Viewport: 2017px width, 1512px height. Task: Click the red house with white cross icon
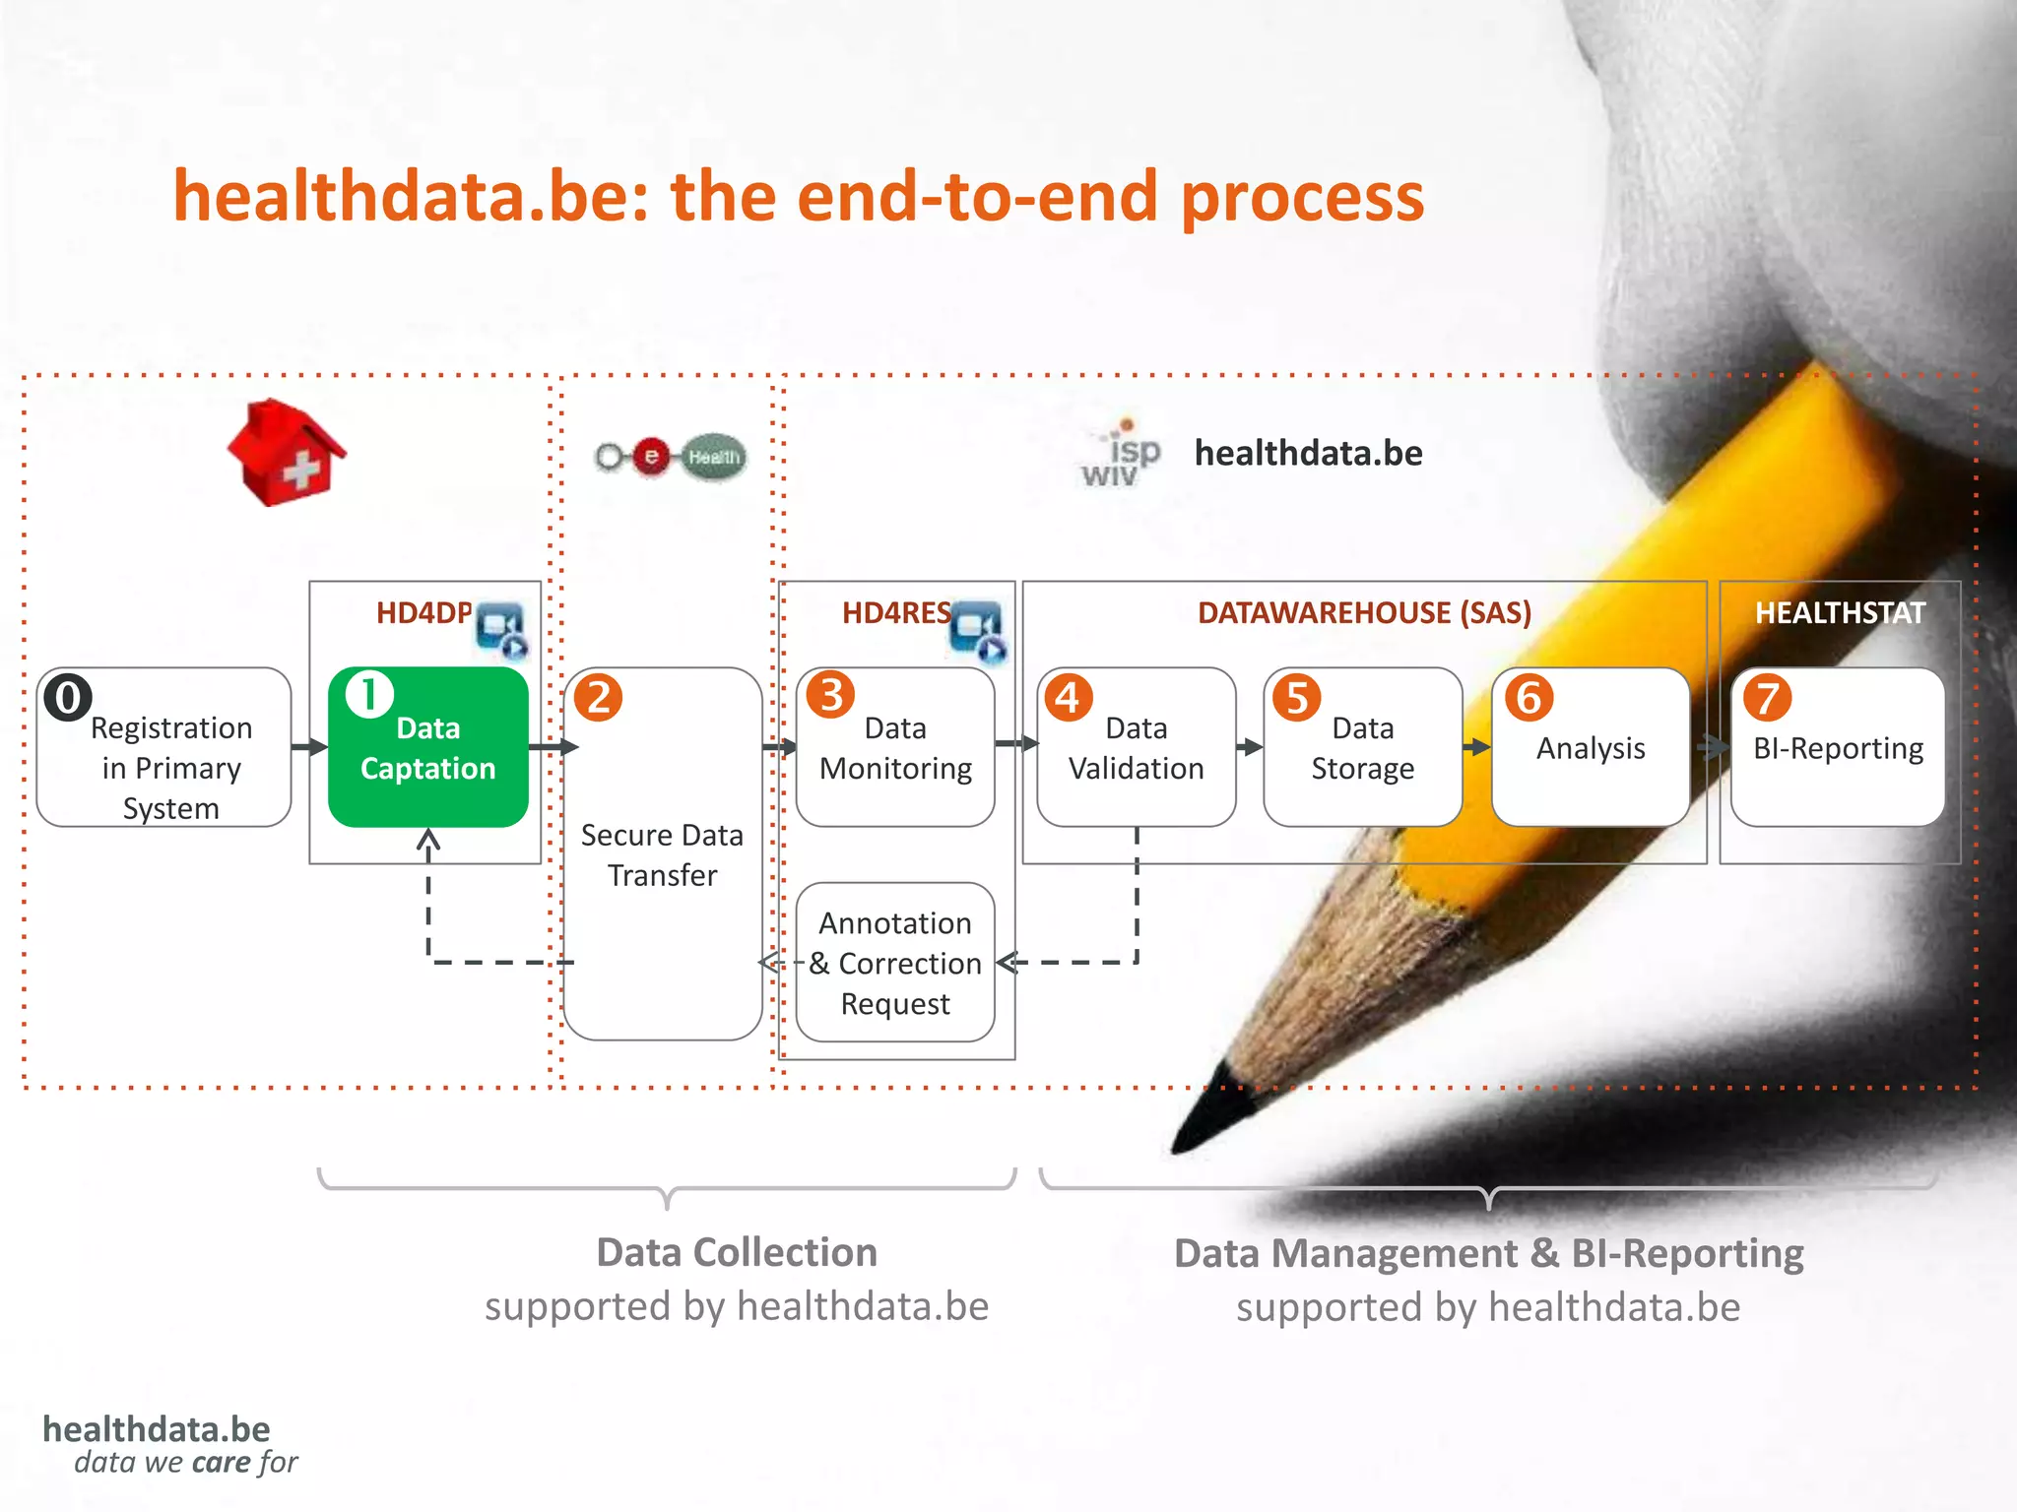pos(286,454)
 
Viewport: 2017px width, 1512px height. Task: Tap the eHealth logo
pos(671,457)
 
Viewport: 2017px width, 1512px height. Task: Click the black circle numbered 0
pos(67,698)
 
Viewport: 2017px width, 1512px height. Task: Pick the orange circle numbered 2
pos(598,698)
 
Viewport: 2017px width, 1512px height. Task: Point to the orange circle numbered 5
pos(1296,698)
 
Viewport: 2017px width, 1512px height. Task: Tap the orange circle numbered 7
pos(1767,698)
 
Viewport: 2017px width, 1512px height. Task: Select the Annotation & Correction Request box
pos(895,963)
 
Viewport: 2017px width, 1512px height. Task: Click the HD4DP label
pos(423,613)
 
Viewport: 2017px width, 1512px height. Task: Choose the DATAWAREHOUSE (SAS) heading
pos(1364,613)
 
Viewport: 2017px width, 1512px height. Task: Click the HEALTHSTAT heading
pos(1839,613)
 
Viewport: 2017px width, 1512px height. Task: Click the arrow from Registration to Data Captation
pos(310,747)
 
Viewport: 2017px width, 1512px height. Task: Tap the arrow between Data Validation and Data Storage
pos(1249,747)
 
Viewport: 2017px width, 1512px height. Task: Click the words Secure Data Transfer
pos(662,854)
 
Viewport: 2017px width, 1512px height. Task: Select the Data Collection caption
pos(737,1252)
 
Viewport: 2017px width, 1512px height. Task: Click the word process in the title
pos(1302,197)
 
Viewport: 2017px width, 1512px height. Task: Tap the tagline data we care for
pos(185,1463)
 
